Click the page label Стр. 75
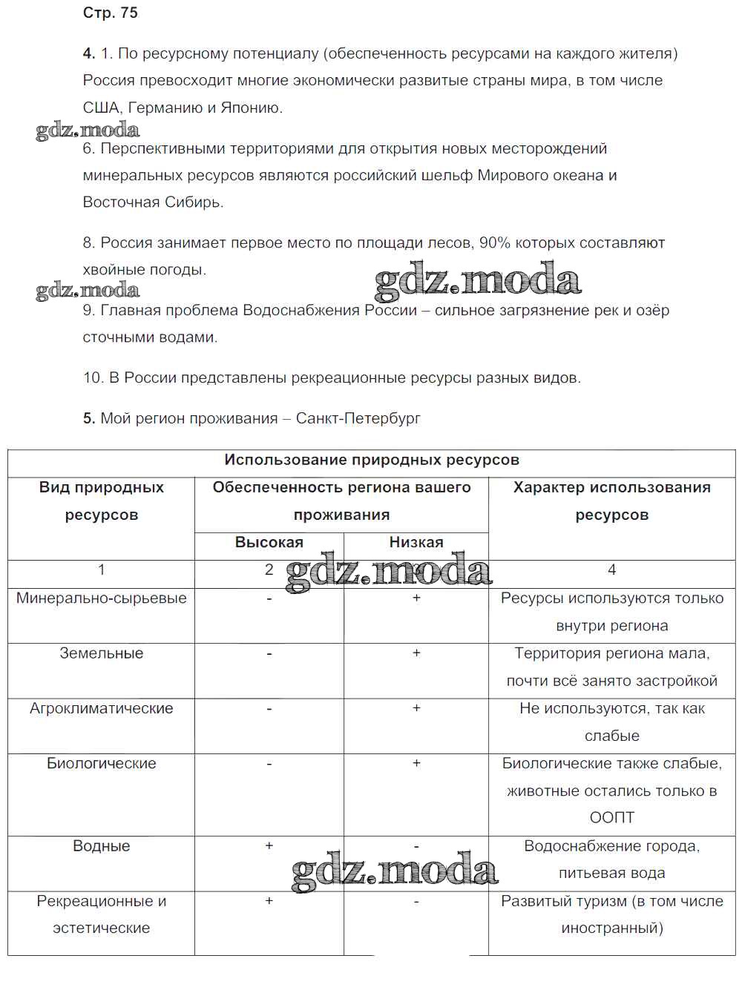[x=111, y=13]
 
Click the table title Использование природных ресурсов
[x=372, y=460]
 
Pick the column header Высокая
[x=269, y=542]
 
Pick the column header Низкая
[x=416, y=542]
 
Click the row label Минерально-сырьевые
[x=102, y=598]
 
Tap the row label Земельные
[x=102, y=653]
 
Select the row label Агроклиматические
[x=102, y=708]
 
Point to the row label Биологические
[x=102, y=763]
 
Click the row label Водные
[x=102, y=846]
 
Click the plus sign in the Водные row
[x=269, y=846]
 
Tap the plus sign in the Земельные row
[x=416, y=653]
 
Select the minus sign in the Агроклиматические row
[x=269, y=708]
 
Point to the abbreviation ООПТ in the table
[x=611, y=818]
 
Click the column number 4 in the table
[x=611, y=570]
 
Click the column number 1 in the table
[x=102, y=570]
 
